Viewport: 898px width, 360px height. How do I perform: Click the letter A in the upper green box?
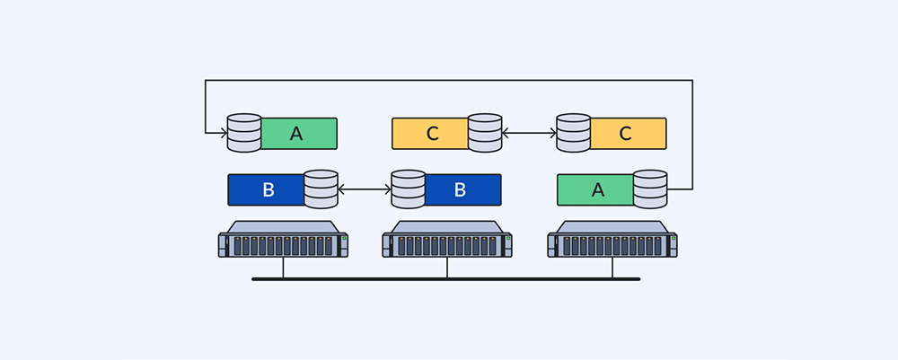pyautogui.click(x=296, y=134)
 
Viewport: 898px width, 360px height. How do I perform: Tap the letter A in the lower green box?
pyautogui.click(x=597, y=189)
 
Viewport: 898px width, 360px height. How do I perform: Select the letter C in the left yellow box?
pyautogui.click(x=432, y=134)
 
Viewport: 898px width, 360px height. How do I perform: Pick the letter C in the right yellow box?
pyautogui.click(x=625, y=134)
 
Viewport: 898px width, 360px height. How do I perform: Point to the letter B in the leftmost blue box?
pyautogui.click(x=268, y=189)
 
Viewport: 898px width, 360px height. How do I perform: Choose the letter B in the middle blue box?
pyautogui.click(x=460, y=189)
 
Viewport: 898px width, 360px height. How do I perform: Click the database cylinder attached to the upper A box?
pyautogui.click(x=244, y=133)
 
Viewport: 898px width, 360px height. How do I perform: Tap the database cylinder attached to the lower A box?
pyautogui.click(x=650, y=189)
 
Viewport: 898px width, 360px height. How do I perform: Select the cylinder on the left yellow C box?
pyautogui.click(x=485, y=133)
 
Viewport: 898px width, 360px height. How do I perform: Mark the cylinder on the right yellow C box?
pyautogui.click(x=573, y=133)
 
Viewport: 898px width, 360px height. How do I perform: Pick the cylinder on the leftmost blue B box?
pyautogui.click(x=321, y=189)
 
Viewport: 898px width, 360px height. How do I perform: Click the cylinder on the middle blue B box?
pyautogui.click(x=409, y=189)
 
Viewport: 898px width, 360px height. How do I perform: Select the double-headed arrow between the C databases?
pyautogui.click(x=529, y=134)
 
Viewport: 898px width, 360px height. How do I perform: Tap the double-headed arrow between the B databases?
pyautogui.click(x=365, y=189)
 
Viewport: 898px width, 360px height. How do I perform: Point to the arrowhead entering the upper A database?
pyautogui.click(x=223, y=134)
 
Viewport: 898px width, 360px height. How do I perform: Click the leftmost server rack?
pyautogui.click(x=283, y=241)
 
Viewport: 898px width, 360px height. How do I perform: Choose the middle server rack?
pyautogui.click(x=447, y=241)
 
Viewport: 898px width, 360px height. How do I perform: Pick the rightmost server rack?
pyautogui.click(x=612, y=241)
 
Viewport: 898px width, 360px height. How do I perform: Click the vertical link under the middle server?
pyautogui.click(x=447, y=268)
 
